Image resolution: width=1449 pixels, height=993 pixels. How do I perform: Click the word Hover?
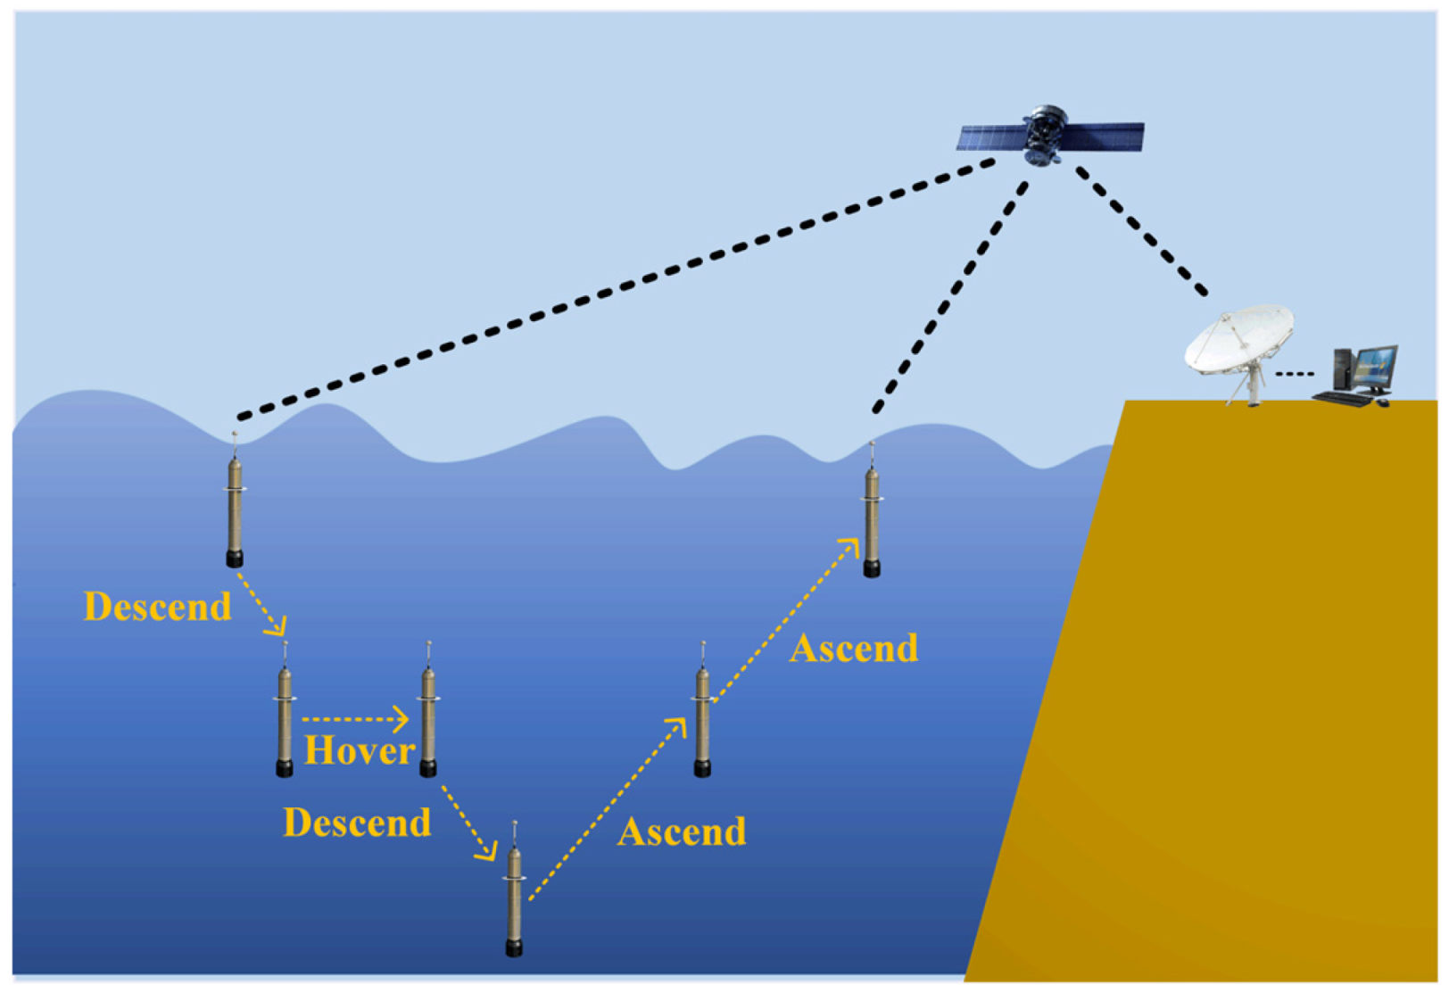point(359,751)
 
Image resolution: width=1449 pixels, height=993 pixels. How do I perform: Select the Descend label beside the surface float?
point(157,607)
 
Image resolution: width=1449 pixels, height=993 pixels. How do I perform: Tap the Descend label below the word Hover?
point(357,823)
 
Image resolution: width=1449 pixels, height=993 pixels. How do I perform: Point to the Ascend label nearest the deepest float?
point(682,832)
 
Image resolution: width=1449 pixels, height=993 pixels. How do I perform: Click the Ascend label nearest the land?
point(853,649)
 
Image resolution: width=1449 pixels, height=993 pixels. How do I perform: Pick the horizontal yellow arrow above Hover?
point(355,718)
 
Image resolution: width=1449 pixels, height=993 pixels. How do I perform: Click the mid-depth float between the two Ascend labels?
point(703,720)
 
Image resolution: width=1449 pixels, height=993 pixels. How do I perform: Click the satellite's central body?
point(1045,136)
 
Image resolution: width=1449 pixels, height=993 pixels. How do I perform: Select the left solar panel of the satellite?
point(991,137)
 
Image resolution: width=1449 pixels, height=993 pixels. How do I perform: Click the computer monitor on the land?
point(1374,366)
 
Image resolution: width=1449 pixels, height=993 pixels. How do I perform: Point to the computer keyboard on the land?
point(1344,398)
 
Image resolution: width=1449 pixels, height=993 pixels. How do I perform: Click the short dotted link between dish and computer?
point(1294,373)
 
